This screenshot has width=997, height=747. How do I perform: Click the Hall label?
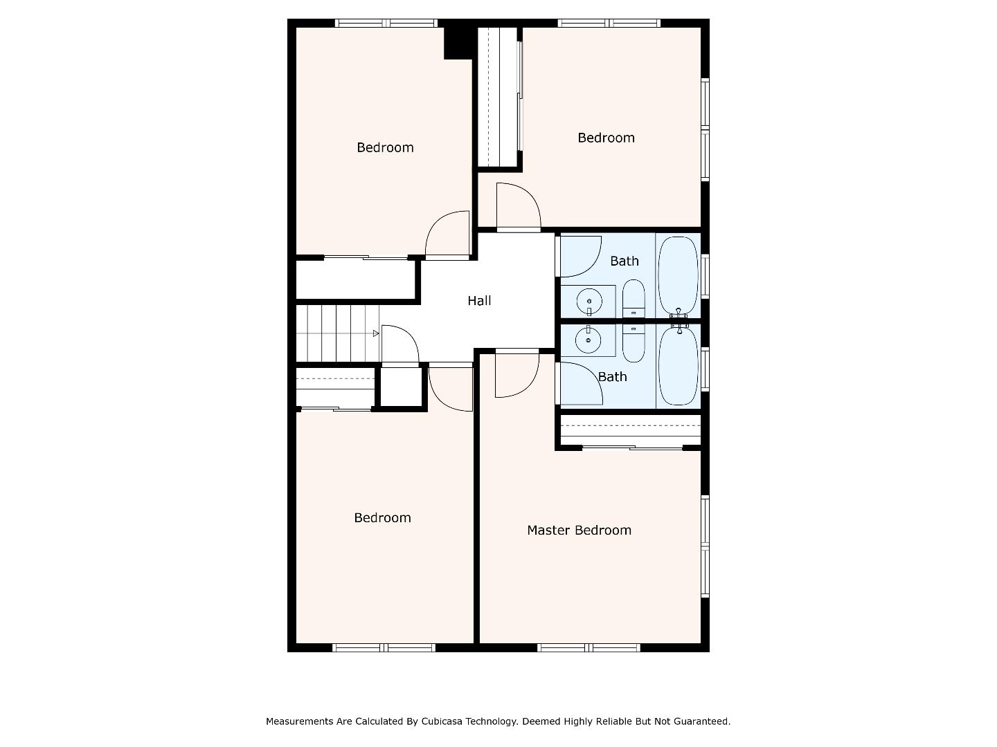479,301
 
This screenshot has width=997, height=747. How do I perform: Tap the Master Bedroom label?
579,531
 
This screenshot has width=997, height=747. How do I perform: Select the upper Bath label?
624,261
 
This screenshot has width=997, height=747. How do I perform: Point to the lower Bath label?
612,377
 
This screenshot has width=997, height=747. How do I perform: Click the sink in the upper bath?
589,302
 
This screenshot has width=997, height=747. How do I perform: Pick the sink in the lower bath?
589,339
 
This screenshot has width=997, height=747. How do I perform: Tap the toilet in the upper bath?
634,298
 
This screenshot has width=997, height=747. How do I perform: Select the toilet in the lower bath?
634,343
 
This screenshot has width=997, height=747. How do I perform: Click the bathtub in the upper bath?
678,276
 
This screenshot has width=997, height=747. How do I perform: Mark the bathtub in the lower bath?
678,366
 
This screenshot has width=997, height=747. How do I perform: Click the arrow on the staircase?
376,333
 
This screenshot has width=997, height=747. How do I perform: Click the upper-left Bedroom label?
385,147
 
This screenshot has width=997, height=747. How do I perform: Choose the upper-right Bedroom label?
606,138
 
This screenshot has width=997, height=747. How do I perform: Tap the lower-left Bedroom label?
382,518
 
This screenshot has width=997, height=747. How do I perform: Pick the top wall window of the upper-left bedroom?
386,23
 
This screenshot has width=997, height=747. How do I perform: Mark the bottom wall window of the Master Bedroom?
589,647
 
